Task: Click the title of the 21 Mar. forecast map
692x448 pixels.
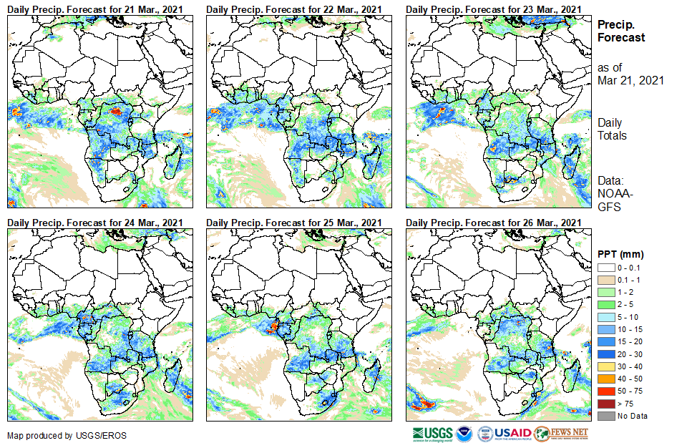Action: [95, 9]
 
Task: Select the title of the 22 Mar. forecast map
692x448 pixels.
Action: [294, 9]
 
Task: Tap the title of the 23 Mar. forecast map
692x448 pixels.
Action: [494, 9]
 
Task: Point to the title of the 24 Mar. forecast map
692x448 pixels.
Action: [95, 223]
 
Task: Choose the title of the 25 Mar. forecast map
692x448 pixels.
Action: [294, 223]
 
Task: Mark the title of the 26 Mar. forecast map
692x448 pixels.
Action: [494, 223]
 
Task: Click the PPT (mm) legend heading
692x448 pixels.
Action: [620, 254]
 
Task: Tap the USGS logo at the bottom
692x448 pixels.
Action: [432, 433]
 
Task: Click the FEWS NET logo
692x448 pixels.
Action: [561, 433]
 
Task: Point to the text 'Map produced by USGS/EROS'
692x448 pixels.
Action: [58, 436]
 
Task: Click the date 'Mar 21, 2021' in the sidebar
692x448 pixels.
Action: [630, 80]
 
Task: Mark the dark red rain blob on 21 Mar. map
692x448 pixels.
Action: [117, 112]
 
